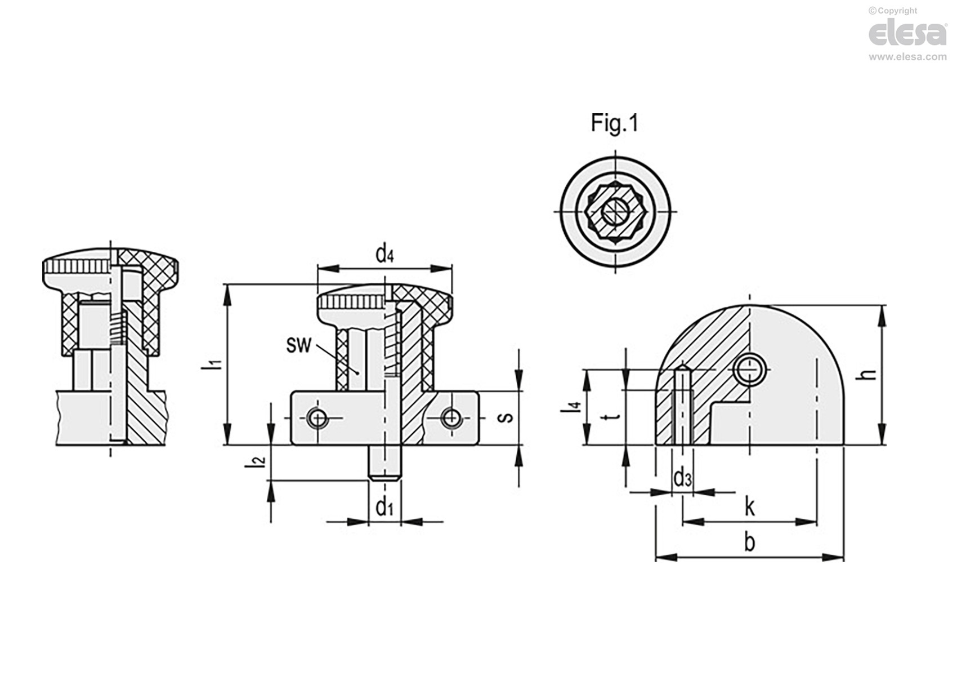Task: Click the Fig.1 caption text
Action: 614,123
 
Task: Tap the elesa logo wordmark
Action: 907,33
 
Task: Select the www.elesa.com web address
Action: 908,56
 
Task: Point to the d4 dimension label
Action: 384,254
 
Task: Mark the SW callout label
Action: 298,345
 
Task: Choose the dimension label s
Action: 506,417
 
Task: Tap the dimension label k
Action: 749,508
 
